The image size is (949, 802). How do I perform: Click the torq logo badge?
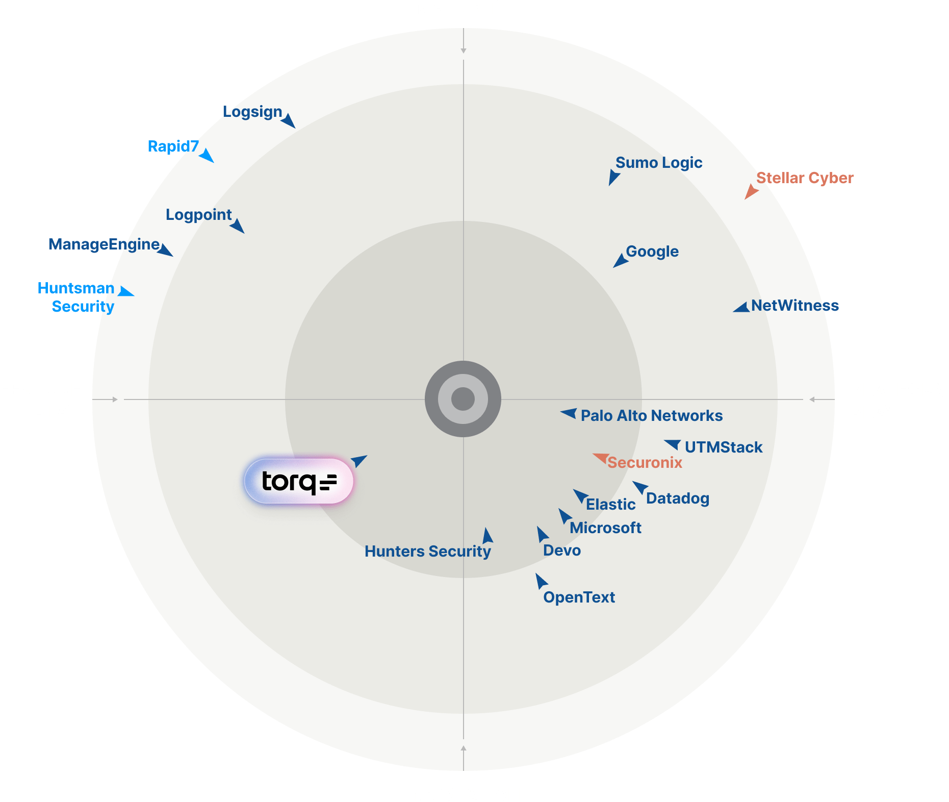(x=299, y=481)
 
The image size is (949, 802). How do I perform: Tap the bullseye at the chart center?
(x=463, y=399)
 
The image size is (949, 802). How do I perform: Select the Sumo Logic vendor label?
(x=658, y=163)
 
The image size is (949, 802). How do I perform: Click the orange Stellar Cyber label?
(x=805, y=178)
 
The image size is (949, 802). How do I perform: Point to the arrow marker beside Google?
(x=620, y=261)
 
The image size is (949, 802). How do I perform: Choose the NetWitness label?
(x=794, y=306)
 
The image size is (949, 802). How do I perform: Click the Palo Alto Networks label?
(x=651, y=416)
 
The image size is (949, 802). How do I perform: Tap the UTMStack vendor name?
(x=723, y=447)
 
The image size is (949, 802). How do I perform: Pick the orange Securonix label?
(x=645, y=463)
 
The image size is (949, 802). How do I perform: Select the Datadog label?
(x=677, y=498)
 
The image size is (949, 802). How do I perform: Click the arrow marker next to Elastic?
(x=580, y=495)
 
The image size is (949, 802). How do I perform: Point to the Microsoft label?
(x=605, y=528)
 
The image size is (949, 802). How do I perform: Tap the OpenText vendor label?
(x=579, y=597)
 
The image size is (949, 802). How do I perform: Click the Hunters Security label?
(x=427, y=552)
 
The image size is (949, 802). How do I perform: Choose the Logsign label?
(x=252, y=112)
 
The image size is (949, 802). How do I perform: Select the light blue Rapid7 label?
(x=173, y=146)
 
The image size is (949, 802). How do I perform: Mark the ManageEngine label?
(x=104, y=244)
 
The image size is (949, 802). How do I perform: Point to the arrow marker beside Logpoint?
(x=237, y=225)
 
